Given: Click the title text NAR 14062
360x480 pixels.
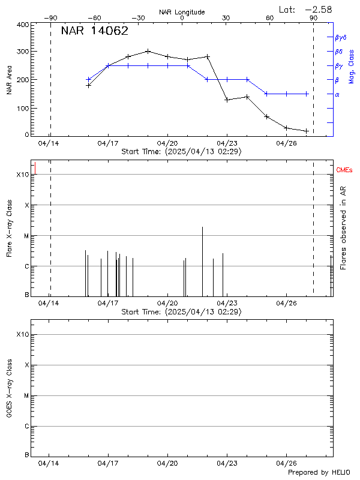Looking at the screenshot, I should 94,31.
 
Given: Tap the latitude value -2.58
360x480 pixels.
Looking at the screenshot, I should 318,9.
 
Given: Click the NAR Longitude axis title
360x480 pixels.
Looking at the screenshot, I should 182,12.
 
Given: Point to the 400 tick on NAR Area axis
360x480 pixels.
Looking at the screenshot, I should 22,25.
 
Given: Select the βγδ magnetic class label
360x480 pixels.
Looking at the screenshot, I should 341,37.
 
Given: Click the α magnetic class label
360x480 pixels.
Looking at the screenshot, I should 337,94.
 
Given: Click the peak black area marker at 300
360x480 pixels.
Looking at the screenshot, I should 148,51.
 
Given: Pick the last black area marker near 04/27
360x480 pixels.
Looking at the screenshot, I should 306,131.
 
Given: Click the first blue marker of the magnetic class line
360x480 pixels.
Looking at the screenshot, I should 88,79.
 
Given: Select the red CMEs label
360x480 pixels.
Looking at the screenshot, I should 344,170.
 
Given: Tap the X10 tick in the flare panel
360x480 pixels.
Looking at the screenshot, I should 22,175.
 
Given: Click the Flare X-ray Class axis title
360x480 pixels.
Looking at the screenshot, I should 9,227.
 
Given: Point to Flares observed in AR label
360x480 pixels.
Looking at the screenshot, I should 343,228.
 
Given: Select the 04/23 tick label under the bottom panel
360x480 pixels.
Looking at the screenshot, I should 226,463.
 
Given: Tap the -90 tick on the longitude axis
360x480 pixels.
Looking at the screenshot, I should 53,18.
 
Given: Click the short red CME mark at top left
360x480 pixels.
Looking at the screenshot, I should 35,169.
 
